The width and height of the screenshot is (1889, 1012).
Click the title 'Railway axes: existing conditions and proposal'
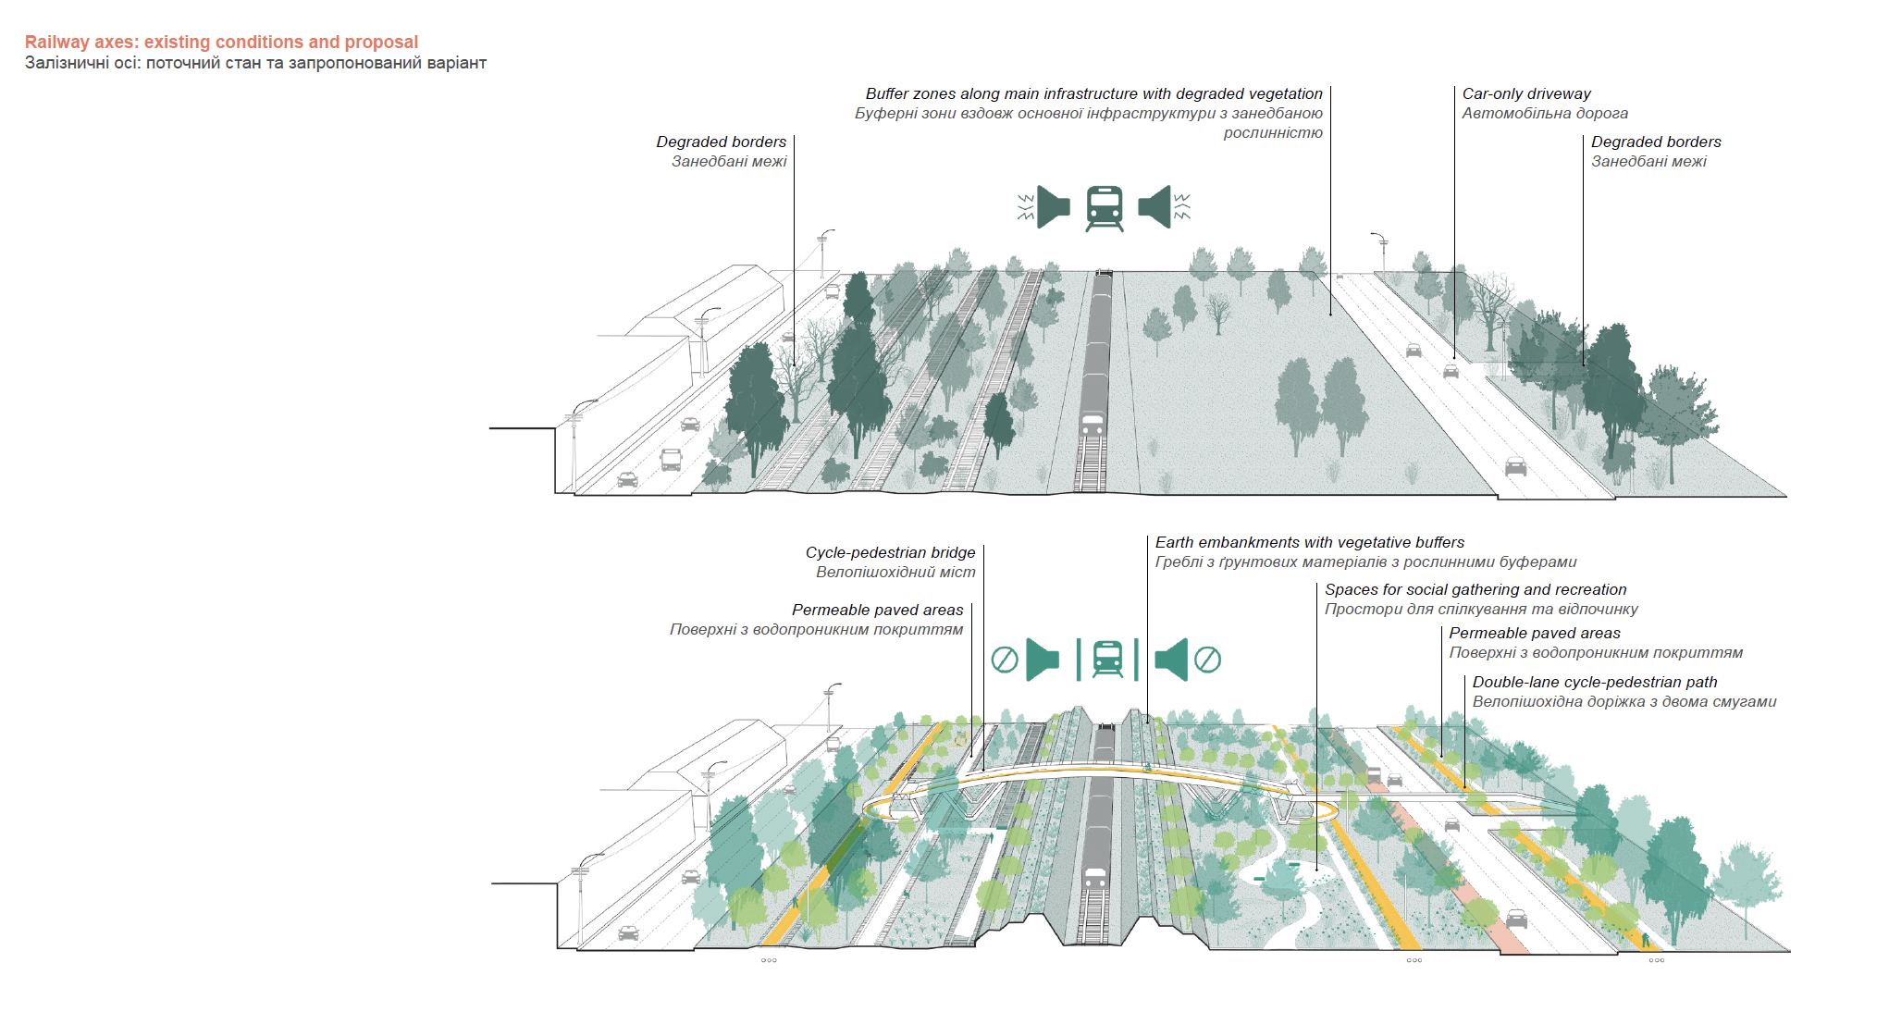tap(221, 42)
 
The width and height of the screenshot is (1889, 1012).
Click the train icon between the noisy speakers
tap(1105, 208)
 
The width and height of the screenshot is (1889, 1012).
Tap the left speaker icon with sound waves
tap(1044, 206)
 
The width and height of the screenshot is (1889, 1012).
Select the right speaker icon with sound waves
tap(1164, 206)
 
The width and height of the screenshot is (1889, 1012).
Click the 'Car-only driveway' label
tap(1526, 93)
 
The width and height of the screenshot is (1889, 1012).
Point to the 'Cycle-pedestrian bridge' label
tap(890, 552)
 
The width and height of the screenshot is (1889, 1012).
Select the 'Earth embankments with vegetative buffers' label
tap(1309, 542)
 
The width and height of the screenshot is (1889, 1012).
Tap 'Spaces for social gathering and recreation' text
tap(1475, 589)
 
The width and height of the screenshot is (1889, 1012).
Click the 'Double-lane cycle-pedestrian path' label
tap(1595, 682)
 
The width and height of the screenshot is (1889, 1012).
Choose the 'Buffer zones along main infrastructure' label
tap(1093, 93)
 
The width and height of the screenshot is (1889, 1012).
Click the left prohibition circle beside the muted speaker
tap(1005, 660)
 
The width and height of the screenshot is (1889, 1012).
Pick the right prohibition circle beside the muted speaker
tap(1207, 660)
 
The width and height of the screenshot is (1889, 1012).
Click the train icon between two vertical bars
tap(1107, 660)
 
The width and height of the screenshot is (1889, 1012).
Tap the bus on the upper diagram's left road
tap(671, 460)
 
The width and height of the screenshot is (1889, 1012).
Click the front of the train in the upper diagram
tap(1093, 426)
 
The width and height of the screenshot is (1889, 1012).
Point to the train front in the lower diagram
tap(1095, 878)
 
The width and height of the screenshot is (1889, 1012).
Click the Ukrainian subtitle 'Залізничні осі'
tap(82, 63)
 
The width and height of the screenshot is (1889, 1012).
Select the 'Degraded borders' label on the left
tap(721, 142)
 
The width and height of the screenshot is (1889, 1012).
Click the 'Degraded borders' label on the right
tap(1656, 142)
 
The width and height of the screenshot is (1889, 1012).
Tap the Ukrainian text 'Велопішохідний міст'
tap(895, 572)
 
